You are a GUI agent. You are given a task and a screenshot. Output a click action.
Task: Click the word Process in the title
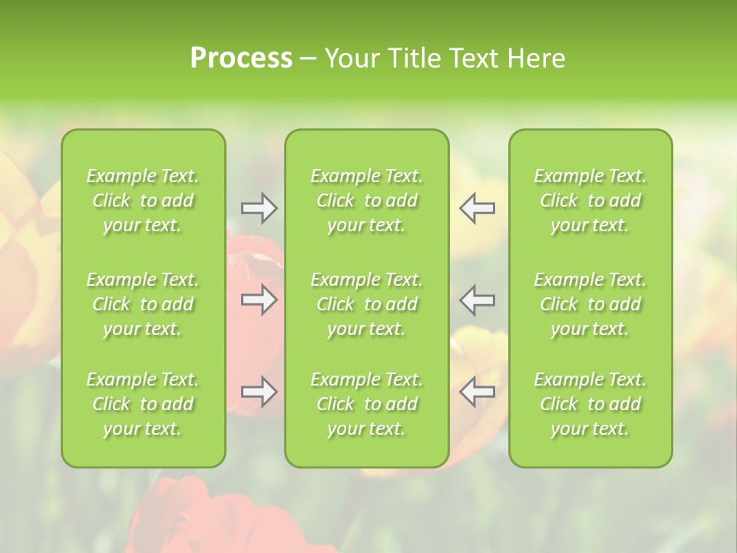pos(241,58)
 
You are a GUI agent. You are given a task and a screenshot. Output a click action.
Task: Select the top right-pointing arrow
pos(259,208)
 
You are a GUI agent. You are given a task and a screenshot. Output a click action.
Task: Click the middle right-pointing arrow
pos(259,299)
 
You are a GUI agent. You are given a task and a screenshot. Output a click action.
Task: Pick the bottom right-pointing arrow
pos(259,392)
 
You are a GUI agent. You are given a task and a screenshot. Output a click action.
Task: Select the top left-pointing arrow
pos(478,208)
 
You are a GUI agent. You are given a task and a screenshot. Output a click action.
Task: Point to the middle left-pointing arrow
pos(478,299)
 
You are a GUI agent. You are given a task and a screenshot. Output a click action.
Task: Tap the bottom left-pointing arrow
pos(478,392)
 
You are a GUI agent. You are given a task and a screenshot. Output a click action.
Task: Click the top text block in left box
pos(143,200)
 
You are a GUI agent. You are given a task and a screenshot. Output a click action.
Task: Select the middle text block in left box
pos(143,304)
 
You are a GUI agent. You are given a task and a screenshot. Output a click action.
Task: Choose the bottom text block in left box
pos(143,404)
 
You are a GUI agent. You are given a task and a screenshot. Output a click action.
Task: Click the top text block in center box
pos(367,200)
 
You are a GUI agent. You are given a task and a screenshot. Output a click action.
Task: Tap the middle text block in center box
pos(367,304)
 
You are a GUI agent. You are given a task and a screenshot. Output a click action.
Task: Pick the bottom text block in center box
pos(367,404)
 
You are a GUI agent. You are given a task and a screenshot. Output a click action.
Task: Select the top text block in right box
pos(590,200)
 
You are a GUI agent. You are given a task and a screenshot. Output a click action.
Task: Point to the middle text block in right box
pos(590,304)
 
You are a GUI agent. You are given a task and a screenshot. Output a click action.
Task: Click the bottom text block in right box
pos(590,404)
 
